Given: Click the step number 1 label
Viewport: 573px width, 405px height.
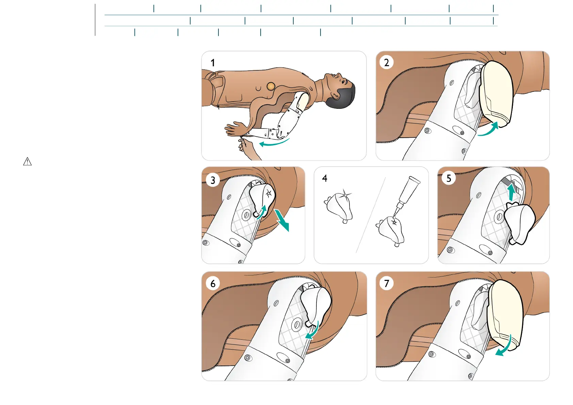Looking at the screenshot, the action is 213,63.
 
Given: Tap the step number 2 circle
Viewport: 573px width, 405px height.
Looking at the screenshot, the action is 387,63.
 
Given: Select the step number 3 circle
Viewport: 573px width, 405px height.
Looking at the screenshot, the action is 213,180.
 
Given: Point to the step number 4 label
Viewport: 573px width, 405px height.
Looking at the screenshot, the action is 325,178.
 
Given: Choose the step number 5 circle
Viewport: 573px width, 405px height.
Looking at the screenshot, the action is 449,178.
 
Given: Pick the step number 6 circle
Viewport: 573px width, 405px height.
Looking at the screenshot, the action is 213,283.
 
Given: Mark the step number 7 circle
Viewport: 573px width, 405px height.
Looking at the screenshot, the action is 387,283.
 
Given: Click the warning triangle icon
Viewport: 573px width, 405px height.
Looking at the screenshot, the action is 27,162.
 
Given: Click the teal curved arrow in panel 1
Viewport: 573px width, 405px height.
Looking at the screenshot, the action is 274,142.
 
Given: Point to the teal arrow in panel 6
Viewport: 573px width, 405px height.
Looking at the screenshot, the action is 313,331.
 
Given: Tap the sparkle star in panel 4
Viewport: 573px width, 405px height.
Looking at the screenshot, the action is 345,195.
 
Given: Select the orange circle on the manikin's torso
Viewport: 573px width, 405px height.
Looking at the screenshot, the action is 271,86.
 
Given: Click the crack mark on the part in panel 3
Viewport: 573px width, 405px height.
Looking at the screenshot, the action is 268,193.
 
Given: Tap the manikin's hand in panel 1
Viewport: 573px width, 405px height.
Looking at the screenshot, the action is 235,129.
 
